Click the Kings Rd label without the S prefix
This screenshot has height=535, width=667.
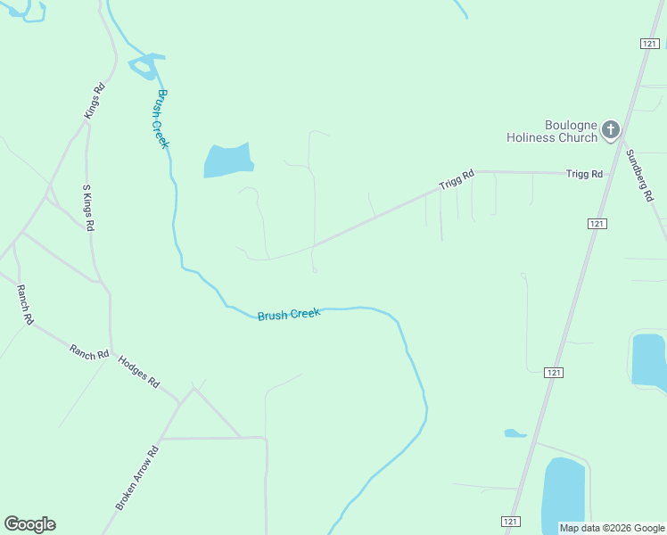95,101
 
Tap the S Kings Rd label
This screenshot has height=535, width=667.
88,208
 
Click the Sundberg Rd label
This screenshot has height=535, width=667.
639,175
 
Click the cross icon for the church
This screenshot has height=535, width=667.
610,130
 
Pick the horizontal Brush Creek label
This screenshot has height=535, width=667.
288,315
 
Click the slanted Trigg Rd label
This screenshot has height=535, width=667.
456,180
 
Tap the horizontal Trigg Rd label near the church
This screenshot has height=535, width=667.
584,174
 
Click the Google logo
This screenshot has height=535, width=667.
29,524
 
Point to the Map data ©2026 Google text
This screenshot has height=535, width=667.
612,528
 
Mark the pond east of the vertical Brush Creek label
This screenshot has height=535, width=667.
228,160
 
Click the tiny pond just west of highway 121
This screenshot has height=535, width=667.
515,433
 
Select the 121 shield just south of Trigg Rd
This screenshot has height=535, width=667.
597,224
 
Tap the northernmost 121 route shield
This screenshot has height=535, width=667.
649,44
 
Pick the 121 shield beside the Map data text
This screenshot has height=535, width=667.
510,522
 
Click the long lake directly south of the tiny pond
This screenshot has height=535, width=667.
563,495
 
